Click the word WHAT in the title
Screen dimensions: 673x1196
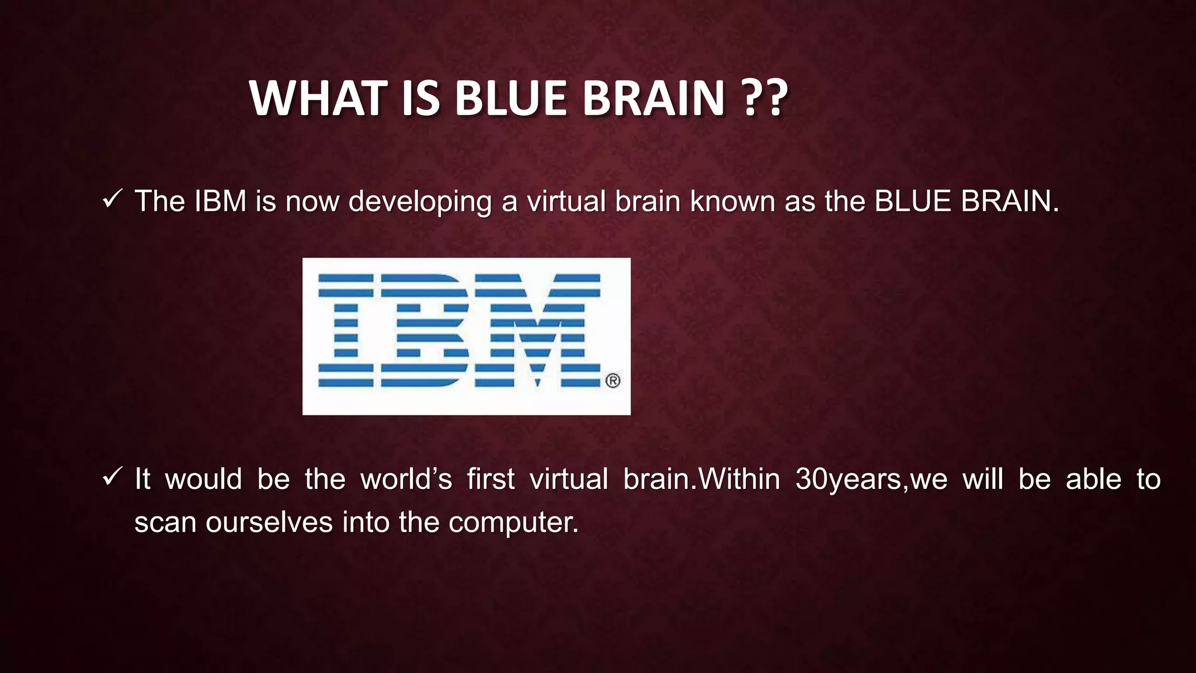(318, 98)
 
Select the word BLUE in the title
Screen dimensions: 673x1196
(510, 98)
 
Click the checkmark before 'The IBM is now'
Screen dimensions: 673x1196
(111, 200)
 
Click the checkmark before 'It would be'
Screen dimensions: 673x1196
(111, 477)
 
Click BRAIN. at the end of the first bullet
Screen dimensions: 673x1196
(1010, 202)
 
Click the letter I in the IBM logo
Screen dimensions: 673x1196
(345, 331)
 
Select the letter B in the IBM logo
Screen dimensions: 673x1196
(425, 331)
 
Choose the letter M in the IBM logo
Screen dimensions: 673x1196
(537, 331)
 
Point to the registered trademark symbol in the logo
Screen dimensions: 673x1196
(613, 381)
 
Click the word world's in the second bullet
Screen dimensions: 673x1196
(406, 480)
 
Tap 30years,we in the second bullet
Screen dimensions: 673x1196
(871, 480)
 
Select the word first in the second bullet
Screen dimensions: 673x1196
(491, 480)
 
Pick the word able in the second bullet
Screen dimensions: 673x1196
(1093, 480)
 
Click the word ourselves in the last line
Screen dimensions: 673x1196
(269, 522)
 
